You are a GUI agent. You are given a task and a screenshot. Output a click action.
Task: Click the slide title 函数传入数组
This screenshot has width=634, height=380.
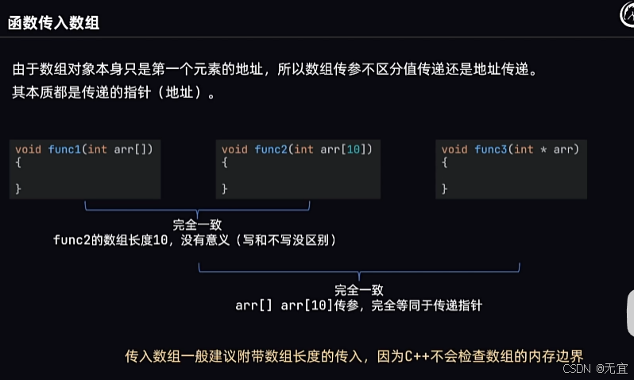(x=53, y=23)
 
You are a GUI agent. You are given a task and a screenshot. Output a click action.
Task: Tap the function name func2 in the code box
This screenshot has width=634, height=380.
(x=272, y=149)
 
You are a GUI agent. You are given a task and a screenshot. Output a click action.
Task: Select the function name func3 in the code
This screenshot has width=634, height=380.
(x=492, y=149)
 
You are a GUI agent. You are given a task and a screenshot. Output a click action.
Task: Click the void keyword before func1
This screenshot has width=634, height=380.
(x=29, y=149)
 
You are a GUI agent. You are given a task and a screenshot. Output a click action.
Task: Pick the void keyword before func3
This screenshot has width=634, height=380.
(x=454, y=149)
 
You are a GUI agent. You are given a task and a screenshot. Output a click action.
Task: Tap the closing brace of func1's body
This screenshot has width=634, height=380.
(x=18, y=188)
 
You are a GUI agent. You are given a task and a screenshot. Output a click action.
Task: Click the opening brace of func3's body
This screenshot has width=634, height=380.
(x=445, y=162)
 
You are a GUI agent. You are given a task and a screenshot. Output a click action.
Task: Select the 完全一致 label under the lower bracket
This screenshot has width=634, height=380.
(x=359, y=290)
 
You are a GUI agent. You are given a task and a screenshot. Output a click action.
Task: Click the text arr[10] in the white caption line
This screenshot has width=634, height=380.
(x=303, y=305)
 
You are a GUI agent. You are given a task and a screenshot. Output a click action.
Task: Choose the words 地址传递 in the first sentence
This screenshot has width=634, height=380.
(x=499, y=70)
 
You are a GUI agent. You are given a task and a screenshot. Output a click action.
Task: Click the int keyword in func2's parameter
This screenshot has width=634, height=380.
(x=303, y=149)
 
